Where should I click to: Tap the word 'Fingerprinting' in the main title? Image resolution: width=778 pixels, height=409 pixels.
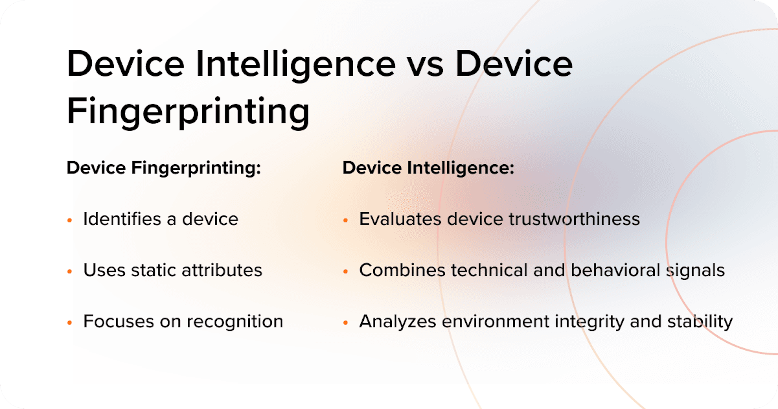[x=188, y=112]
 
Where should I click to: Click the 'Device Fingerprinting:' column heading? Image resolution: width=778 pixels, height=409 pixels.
[x=163, y=168]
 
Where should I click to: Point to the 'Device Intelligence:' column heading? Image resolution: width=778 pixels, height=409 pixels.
[x=428, y=168]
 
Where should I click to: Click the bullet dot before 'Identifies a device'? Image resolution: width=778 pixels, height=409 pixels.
[x=69, y=220]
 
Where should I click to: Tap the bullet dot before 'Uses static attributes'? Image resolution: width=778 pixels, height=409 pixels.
[x=69, y=271]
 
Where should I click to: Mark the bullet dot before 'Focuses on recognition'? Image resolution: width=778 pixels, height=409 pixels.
[x=69, y=323]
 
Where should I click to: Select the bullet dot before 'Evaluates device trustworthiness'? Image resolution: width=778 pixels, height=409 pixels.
[x=345, y=220]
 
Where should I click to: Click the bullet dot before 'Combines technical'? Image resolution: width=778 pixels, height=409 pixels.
[x=345, y=271]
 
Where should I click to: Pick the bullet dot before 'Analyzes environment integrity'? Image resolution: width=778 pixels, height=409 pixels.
[x=345, y=323]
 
